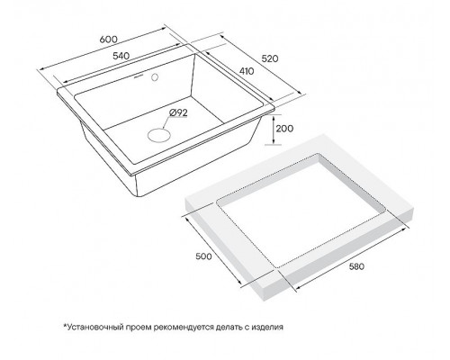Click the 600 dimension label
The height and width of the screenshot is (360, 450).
(108, 40)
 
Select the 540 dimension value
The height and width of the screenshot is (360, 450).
(121, 56)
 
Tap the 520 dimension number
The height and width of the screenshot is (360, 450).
(270, 58)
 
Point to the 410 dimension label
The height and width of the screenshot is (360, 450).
(247, 71)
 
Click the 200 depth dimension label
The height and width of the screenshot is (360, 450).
(284, 129)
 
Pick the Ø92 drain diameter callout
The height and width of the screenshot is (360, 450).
(178, 112)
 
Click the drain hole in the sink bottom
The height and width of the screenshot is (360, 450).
(159, 134)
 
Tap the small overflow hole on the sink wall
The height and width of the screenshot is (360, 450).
(155, 76)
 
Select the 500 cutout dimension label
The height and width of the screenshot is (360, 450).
(203, 256)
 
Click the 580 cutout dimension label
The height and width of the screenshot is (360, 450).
(356, 266)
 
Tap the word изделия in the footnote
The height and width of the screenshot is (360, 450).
(267, 327)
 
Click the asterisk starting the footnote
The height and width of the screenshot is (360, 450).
(65, 325)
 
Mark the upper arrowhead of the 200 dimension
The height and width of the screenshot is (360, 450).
(274, 118)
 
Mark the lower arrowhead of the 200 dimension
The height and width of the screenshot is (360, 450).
(274, 141)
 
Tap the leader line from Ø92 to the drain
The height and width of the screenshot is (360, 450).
(166, 123)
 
